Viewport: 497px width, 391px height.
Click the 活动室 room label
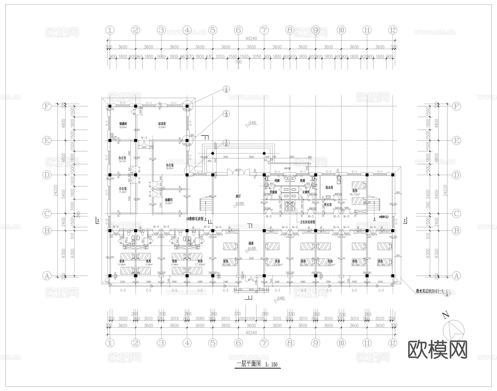pyautogui.click(x=162, y=124)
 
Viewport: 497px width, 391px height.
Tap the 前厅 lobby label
pyautogui.click(x=238, y=196)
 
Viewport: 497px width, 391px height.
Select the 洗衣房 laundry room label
pyautogui.click(x=329, y=187)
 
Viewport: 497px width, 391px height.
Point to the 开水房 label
pyautogui.click(x=328, y=205)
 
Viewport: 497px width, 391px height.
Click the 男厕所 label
pyautogui.click(x=273, y=192)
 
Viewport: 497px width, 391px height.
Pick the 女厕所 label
pyautogui.click(x=306, y=192)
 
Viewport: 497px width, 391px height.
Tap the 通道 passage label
pyautogui.click(x=251, y=244)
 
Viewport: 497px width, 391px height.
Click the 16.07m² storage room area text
pyautogui.click(x=123, y=127)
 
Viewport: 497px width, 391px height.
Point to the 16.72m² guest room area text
pyautogui.click(x=355, y=194)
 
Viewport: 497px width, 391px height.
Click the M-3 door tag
pyautogui.click(x=144, y=138)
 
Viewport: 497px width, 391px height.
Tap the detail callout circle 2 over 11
pyautogui.click(x=226, y=114)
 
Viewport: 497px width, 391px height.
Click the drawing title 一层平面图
pyautogui.click(x=248, y=364)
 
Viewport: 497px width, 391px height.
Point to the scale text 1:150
pyautogui.click(x=271, y=364)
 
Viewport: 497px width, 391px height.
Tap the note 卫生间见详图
pyautogui.click(x=308, y=222)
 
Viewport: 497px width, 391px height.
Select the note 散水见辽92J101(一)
pyautogui.click(x=430, y=291)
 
